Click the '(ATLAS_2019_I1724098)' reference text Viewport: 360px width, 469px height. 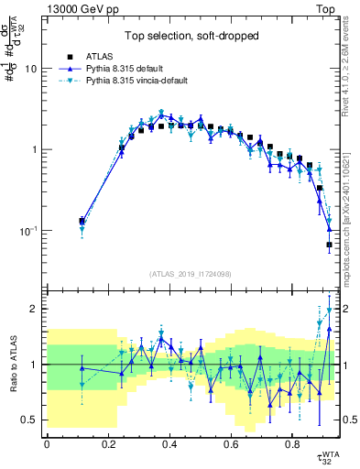pos(191,274)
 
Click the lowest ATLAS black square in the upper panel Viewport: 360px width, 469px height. pos(329,245)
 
